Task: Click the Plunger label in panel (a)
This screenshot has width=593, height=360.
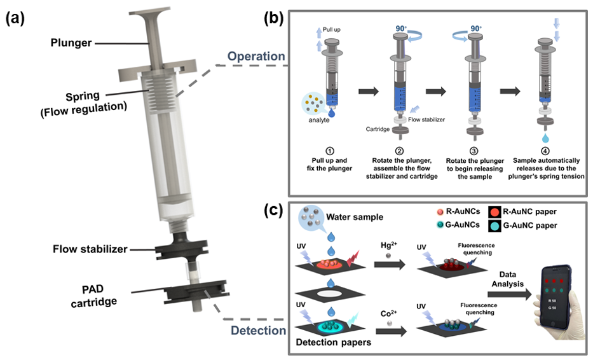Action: (x=71, y=43)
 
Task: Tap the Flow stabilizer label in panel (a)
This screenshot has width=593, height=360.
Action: (x=90, y=249)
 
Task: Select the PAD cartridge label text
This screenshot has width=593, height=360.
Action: (x=93, y=296)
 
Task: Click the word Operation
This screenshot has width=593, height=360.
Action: (x=256, y=57)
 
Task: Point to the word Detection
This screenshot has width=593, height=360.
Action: (x=258, y=331)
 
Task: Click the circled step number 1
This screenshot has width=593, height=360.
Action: (x=329, y=151)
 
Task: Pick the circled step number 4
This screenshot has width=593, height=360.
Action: (x=545, y=151)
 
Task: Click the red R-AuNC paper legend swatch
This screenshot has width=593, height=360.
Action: (x=494, y=212)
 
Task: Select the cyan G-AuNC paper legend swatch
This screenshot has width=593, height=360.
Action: (x=494, y=226)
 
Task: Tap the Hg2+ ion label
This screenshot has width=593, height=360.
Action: (x=389, y=246)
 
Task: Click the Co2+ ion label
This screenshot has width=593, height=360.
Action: (x=389, y=314)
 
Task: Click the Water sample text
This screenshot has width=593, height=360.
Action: (x=355, y=218)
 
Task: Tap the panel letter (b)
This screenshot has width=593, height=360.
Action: (x=273, y=18)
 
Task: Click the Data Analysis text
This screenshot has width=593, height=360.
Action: (x=508, y=279)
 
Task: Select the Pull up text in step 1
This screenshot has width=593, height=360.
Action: (x=331, y=29)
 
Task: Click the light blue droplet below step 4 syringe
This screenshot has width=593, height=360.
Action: (x=545, y=137)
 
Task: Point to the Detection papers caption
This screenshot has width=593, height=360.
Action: (x=334, y=343)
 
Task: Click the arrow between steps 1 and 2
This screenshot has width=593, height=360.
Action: (x=369, y=91)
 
